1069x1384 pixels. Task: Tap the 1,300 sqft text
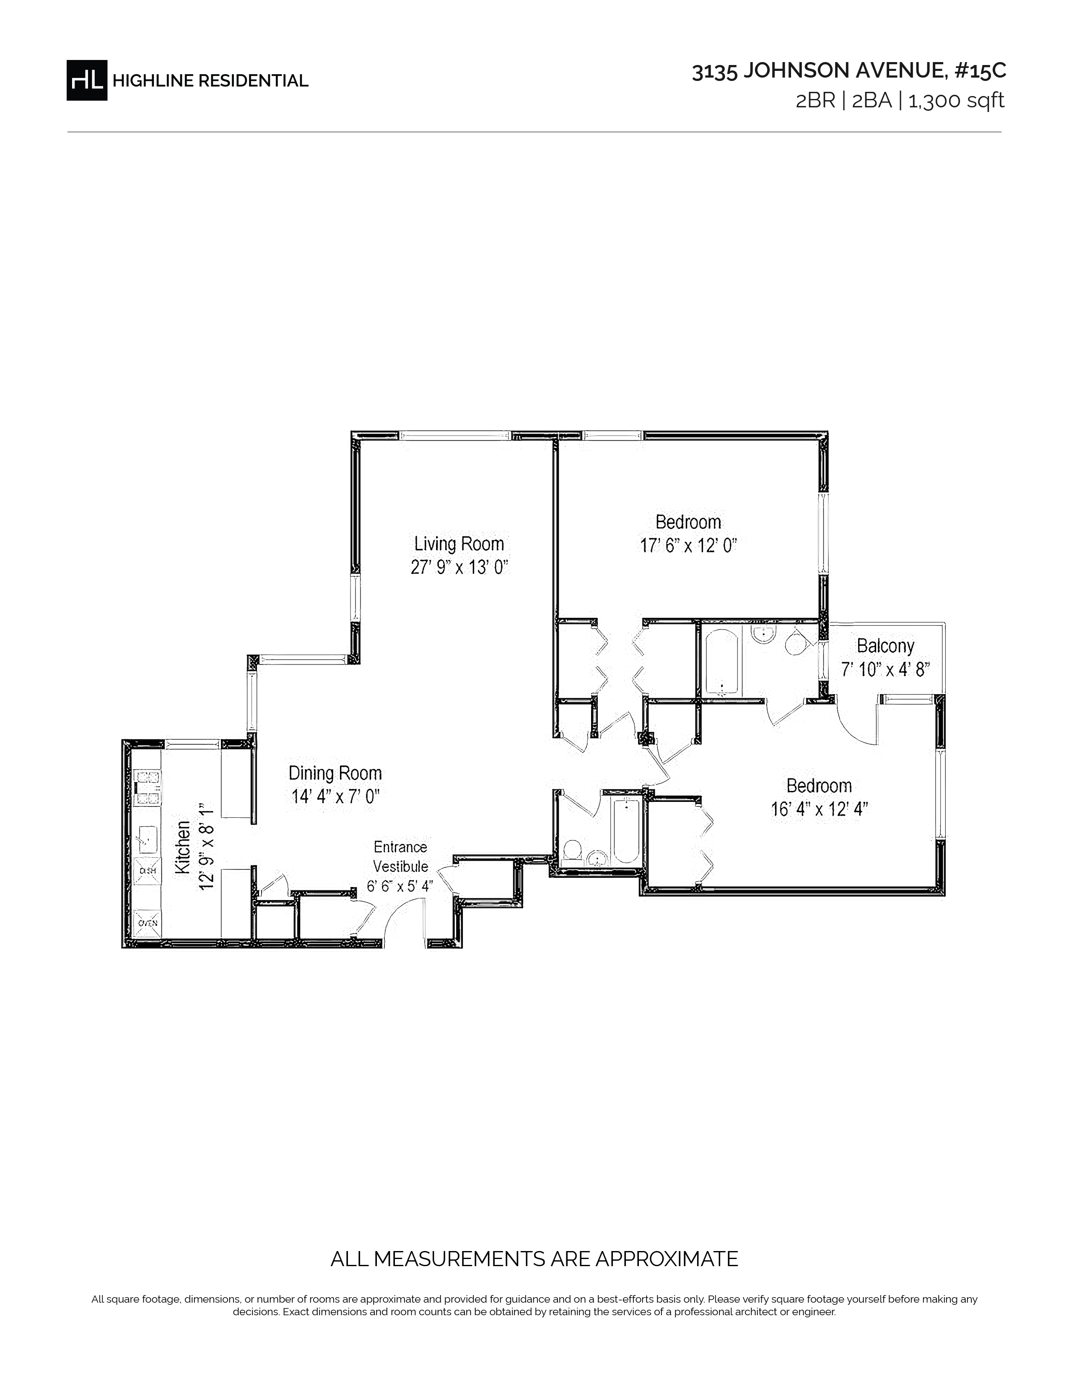(x=956, y=101)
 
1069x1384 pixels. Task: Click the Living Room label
(x=459, y=544)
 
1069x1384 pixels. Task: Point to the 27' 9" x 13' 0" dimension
(x=460, y=567)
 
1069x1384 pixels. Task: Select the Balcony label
(x=885, y=646)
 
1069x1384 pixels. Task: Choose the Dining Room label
(x=335, y=773)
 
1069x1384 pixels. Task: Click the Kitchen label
(x=182, y=847)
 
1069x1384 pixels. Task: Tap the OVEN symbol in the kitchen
(x=148, y=924)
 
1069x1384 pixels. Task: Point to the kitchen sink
(x=148, y=839)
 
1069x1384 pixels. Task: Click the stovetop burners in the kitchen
(x=148, y=788)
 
